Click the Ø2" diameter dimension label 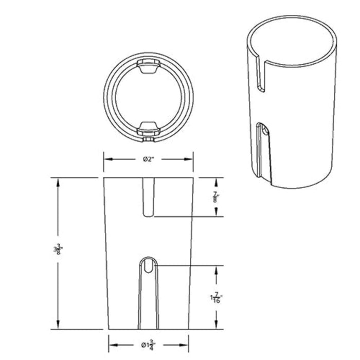148,159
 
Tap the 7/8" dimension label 216,197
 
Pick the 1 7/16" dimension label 216,297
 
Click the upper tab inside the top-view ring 148,67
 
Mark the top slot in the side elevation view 148,197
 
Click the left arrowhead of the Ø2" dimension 107,159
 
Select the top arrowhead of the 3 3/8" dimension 58,182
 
